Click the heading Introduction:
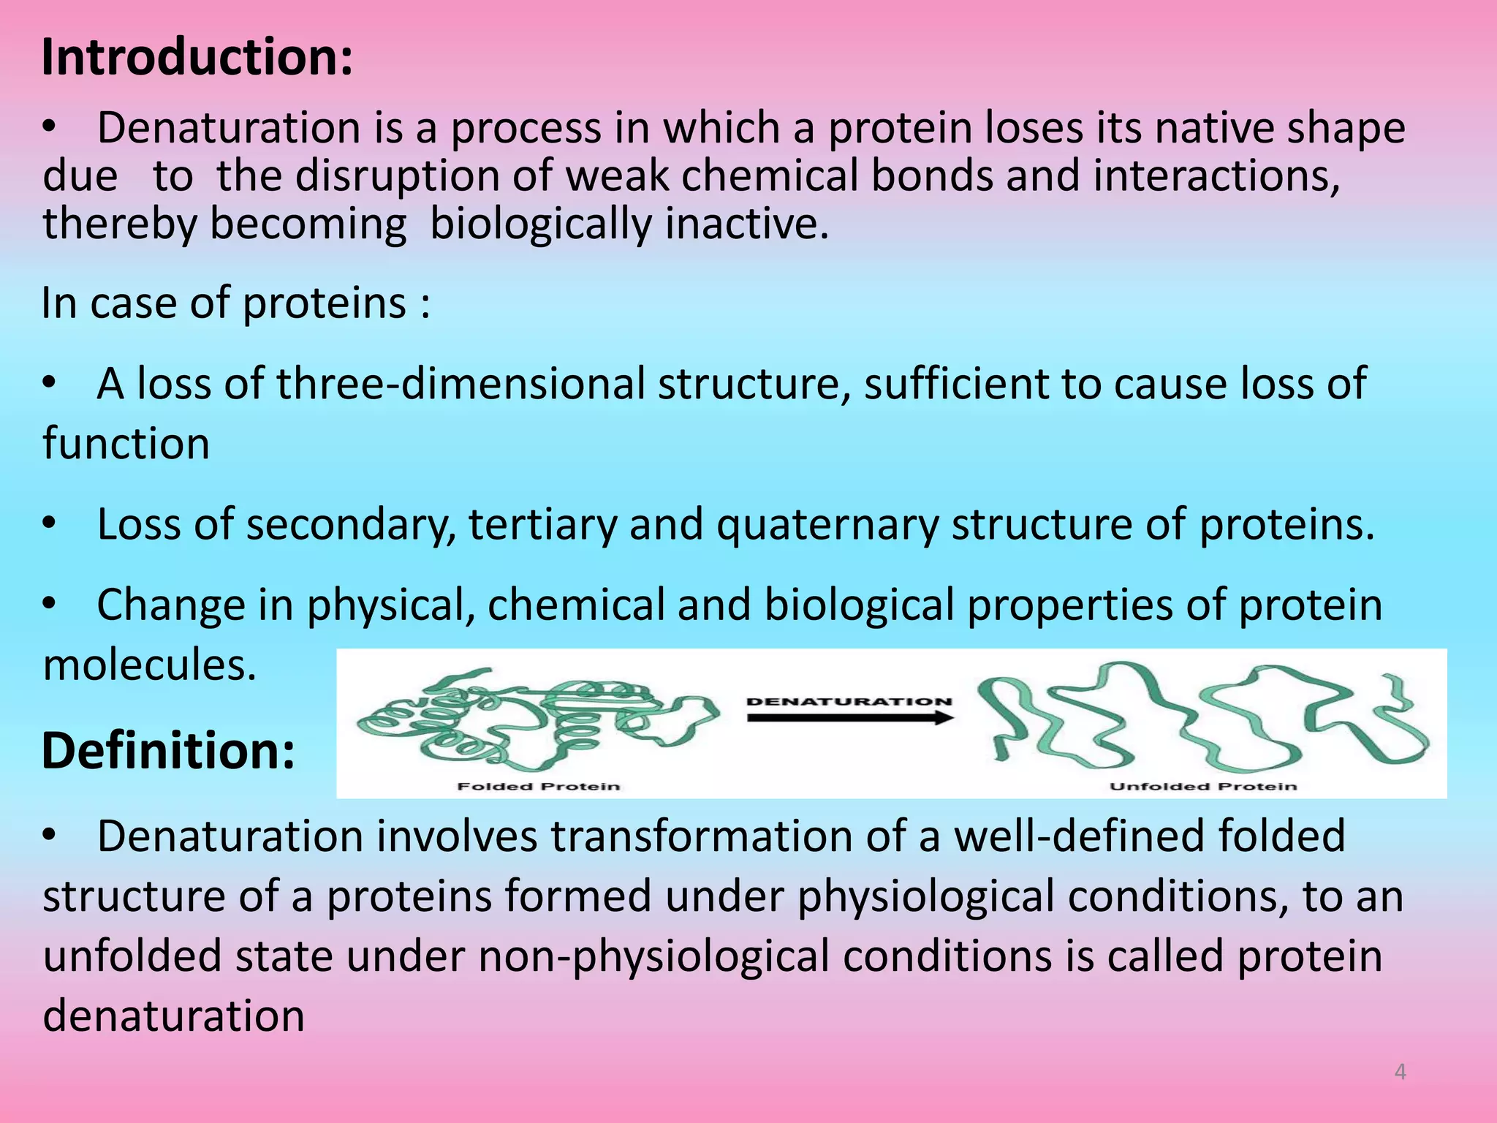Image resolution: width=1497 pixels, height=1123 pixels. point(197,57)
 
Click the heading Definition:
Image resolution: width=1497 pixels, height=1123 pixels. point(169,751)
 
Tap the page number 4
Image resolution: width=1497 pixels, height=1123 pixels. point(1400,1072)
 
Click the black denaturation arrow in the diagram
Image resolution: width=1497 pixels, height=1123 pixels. point(850,718)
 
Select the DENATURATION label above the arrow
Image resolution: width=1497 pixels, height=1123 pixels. point(849,701)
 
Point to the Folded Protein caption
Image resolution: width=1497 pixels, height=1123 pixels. point(539,787)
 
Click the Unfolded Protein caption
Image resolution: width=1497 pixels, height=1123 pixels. point(1203,787)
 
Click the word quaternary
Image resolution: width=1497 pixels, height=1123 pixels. point(827,524)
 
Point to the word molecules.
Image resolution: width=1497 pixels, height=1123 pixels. point(150,665)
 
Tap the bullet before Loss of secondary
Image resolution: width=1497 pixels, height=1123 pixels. point(49,523)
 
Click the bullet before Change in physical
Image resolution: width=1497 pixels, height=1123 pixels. point(49,605)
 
